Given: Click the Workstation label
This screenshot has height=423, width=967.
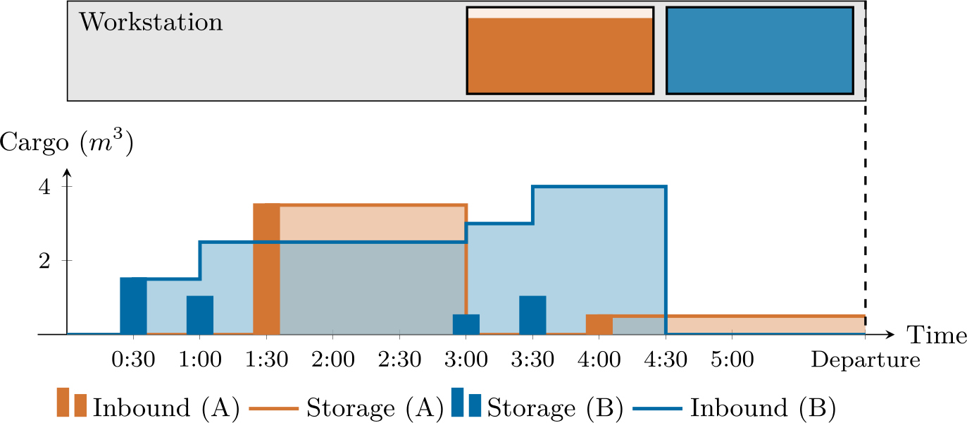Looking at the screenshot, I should click(151, 23).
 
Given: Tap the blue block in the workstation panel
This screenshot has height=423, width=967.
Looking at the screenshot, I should click(759, 51).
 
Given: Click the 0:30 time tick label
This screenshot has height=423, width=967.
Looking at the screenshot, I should click(133, 360).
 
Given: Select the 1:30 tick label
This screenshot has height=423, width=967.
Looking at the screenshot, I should click(266, 360).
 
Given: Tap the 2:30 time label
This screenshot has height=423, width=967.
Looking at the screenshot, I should click(399, 360).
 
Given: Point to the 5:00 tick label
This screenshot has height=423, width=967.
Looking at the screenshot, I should click(732, 360).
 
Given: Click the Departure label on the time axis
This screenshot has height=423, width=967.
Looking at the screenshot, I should click(866, 360).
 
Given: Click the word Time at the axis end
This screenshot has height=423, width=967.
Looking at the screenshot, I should click(937, 336).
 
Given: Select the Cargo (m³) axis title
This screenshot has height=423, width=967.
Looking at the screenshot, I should click(66, 143).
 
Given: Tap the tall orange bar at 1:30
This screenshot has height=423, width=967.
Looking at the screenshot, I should click(266, 269).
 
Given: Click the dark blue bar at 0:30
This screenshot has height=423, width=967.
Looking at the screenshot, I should click(133, 306).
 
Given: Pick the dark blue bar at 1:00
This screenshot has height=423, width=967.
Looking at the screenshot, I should click(200, 315).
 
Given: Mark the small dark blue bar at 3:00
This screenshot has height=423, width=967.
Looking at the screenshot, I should click(466, 324).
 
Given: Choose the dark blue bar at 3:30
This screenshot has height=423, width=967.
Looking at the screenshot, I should click(532, 315).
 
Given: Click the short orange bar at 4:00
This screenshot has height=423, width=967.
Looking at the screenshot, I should click(599, 324).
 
